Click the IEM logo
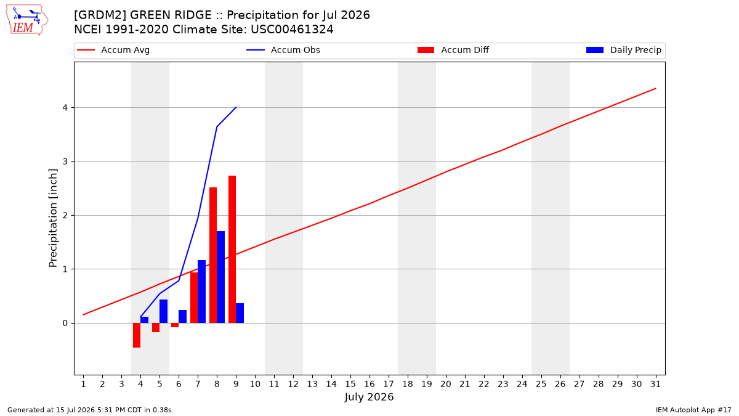click(x=26, y=20)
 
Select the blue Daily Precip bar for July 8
click(x=220, y=277)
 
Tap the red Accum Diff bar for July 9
click(x=232, y=249)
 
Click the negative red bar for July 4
click(x=137, y=335)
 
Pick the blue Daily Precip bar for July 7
click(x=201, y=292)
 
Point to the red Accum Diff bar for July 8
click(x=213, y=255)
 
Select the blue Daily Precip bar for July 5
click(x=163, y=311)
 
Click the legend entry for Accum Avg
click(x=113, y=50)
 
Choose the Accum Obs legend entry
click(x=283, y=50)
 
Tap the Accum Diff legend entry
click(x=453, y=50)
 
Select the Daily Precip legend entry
click(x=623, y=50)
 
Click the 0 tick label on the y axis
click(x=65, y=323)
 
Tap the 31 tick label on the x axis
click(x=655, y=384)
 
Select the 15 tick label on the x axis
click(x=350, y=384)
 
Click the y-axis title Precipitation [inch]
click(x=53, y=218)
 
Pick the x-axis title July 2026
click(x=369, y=397)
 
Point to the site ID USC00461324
click(x=292, y=30)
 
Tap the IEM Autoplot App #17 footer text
click(x=693, y=410)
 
